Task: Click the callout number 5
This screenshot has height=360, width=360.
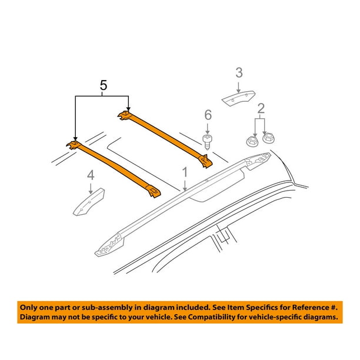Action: [104, 85]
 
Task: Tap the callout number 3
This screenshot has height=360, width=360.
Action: [239, 72]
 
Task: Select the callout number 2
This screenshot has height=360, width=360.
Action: [261, 109]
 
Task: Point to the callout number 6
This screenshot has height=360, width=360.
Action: [208, 115]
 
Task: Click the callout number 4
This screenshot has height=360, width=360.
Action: [91, 175]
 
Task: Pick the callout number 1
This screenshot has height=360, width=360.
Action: [185, 172]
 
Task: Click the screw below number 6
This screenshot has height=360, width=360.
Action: [207, 142]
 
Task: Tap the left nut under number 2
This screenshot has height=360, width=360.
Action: [252, 141]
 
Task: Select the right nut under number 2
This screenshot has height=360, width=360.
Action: [268, 138]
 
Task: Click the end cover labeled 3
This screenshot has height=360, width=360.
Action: [238, 98]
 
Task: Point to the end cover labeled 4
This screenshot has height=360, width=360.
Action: [89, 202]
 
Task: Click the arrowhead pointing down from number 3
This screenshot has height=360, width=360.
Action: [239, 91]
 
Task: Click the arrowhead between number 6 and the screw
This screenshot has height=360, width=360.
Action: [207, 132]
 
